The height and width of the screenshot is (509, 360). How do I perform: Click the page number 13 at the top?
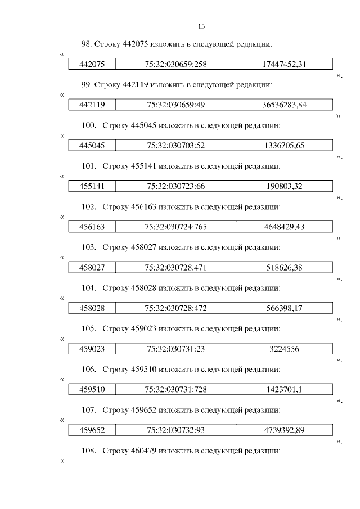(202, 26)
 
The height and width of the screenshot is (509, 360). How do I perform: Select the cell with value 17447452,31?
(284, 64)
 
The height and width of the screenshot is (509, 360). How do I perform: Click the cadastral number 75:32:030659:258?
(176, 64)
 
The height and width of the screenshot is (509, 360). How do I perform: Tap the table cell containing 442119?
(92, 105)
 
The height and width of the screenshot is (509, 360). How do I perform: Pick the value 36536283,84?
(284, 105)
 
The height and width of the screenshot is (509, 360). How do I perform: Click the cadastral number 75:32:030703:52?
(176, 146)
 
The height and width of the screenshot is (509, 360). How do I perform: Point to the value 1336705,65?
(284, 146)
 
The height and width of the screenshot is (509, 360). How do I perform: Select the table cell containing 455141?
(92, 186)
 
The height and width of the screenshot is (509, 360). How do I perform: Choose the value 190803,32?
(284, 186)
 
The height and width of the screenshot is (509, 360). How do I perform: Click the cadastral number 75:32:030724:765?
(176, 227)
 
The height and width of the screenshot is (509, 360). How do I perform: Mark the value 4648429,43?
(284, 227)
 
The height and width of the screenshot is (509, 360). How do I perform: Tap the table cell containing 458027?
(92, 268)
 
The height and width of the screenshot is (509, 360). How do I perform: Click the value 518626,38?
(284, 268)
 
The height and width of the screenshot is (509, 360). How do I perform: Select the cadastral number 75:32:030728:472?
(176, 308)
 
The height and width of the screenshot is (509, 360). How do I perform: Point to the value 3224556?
(284, 349)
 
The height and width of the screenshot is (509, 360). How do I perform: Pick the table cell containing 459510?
(92, 390)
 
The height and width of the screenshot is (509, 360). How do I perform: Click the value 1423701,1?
(284, 390)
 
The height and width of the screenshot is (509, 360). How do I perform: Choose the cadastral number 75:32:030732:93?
(176, 430)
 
